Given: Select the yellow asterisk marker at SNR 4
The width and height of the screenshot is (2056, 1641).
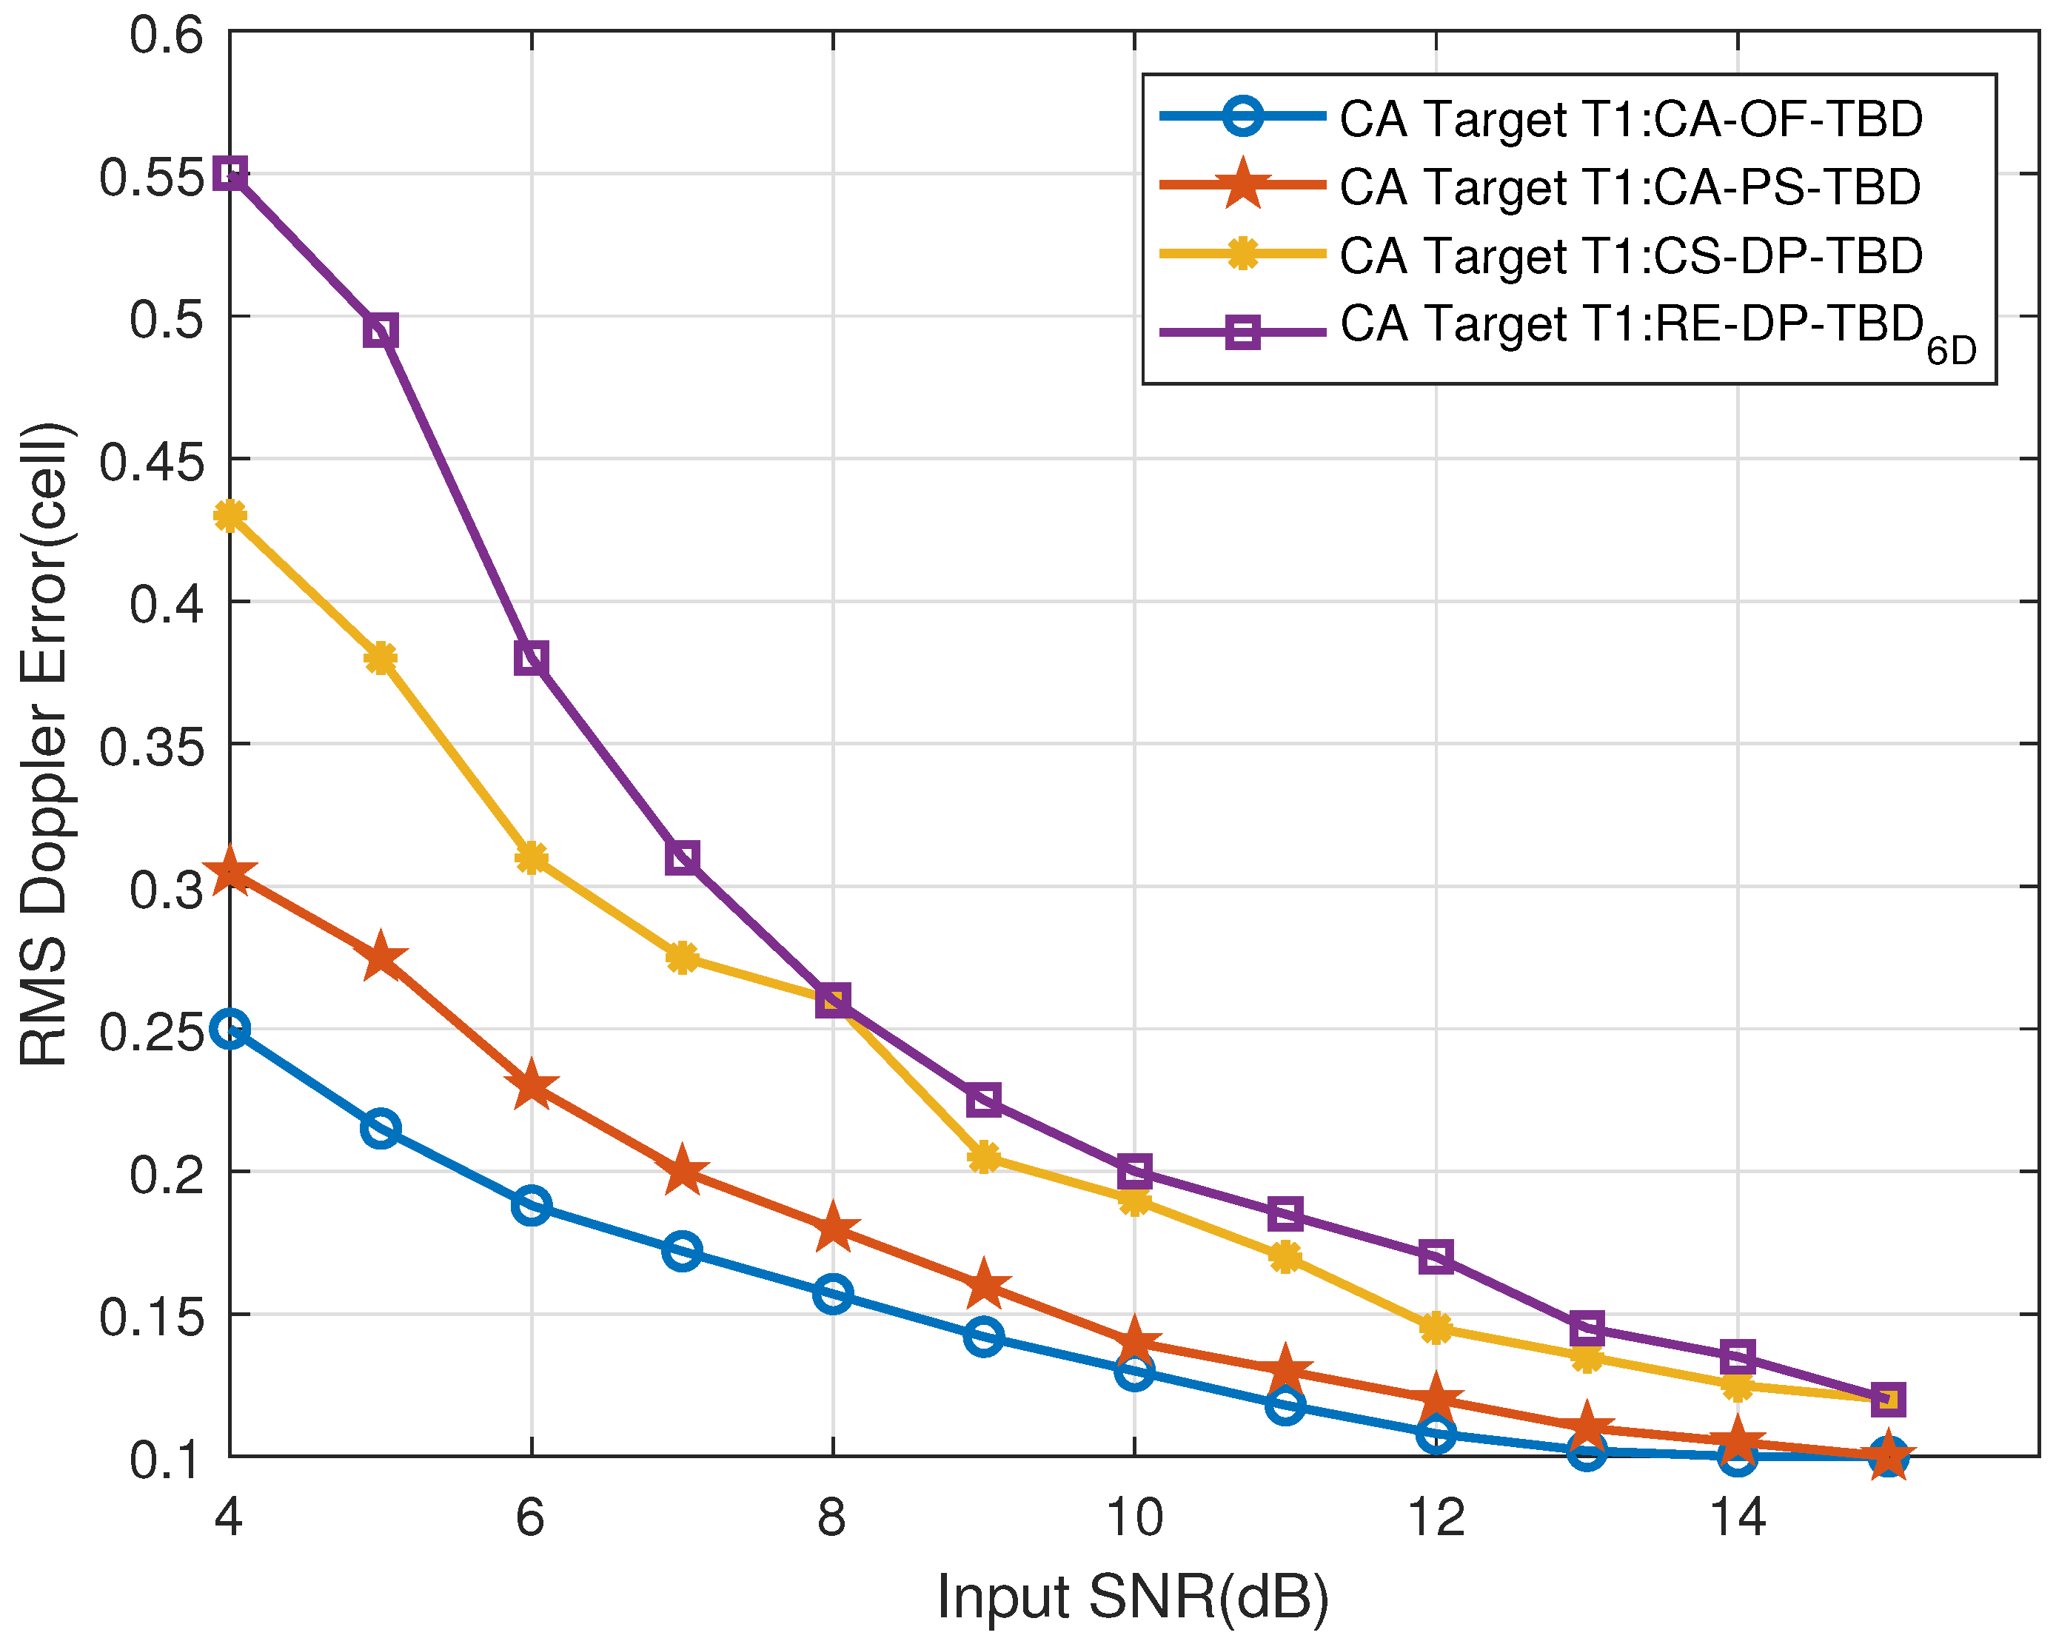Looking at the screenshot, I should pyautogui.click(x=230, y=516).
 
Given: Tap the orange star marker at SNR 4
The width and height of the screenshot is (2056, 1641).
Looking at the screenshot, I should pyautogui.click(x=230, y=873).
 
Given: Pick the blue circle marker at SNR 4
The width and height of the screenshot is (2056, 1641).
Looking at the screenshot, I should pyautogui.click(x=230, y=1029).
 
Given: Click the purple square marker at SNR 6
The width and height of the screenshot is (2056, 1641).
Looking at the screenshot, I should pyautogui.click(x=531, y=658).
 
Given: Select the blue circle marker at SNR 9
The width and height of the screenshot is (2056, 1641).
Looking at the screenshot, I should pyautogui.click(x=983, y=1337).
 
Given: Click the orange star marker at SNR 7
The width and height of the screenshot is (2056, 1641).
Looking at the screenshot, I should pyautogui.click(x=682, y=1171).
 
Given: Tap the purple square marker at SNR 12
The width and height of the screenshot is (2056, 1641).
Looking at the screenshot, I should pyautogui.click(x=1436, y=1257).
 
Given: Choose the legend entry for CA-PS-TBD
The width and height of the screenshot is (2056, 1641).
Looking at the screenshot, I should pyautogui.click(x=1630, y=187).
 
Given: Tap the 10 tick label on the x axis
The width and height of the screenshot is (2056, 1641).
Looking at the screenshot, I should pyautogui.click(x=1134, y=1516).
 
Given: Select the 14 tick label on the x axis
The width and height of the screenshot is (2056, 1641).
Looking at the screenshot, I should pyautogui.click(x=1738, y=1516).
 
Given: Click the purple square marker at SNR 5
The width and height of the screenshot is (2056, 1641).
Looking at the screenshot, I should pyautogui.click(x=381, y=332).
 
